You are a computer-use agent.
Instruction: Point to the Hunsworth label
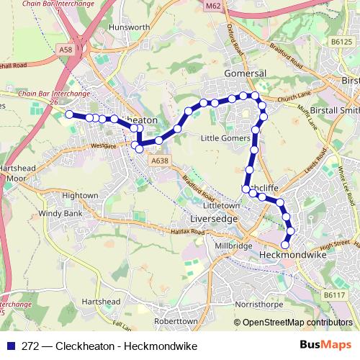(x=127, y=27)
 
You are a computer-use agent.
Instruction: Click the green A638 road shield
(x=160, y=161)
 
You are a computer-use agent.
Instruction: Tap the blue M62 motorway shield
(x=212, y=6)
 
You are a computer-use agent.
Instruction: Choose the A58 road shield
(x=66, y=50)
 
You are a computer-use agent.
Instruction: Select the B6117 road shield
(x=333, y=295)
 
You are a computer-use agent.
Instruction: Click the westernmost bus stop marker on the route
(x=69, y=114)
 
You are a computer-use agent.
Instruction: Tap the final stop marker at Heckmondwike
(x=284, y=246)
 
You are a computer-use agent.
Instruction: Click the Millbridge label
(x=233, y=246)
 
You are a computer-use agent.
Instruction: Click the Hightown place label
(x=79, y=195)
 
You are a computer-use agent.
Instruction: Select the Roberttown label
(x=171, y=321)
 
